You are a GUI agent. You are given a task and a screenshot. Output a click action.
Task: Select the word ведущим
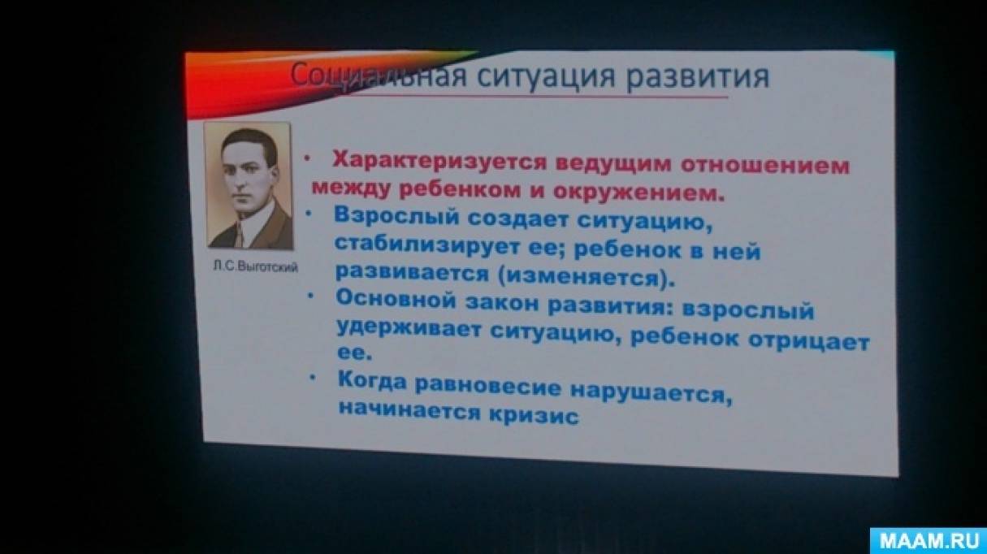tap(614, 165)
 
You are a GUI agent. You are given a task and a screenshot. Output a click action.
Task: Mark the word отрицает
tap(809, 341)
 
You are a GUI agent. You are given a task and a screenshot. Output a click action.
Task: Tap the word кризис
tap(535, 416)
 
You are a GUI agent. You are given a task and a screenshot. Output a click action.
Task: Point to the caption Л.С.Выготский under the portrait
tap(255, 266)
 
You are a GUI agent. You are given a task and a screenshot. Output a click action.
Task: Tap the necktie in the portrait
tap(239, 235)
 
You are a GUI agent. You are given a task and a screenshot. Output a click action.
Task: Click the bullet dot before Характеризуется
tap(308, 158)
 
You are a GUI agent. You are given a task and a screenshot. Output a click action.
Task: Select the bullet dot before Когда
tap(313, 377)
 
